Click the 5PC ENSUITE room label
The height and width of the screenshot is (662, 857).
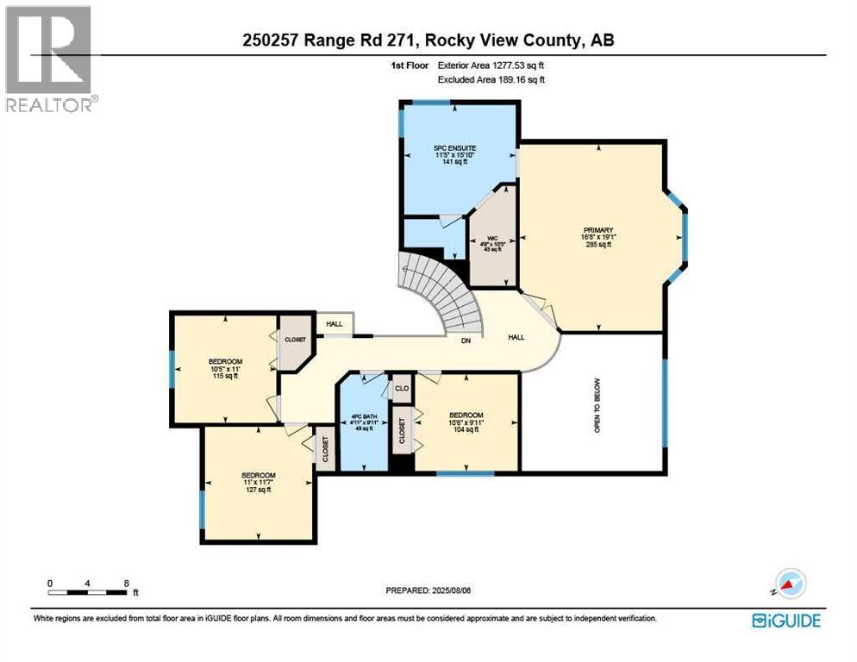pos(454,154)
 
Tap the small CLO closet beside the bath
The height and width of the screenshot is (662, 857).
pos(401,389)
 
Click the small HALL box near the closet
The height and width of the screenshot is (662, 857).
pos(334,324)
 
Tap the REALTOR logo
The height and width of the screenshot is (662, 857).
pos(49,59)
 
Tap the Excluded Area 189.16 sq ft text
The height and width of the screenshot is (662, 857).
pos(491,79)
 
